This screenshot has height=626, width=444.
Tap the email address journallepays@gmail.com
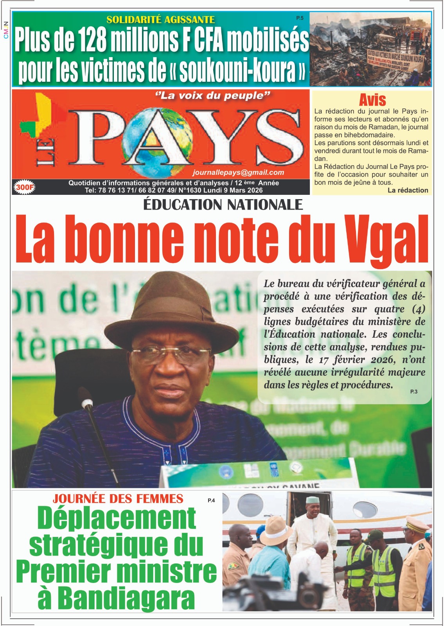point(238,173)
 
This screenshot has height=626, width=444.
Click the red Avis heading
point(372,100)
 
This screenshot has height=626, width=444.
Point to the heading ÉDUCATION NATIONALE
point(223,205)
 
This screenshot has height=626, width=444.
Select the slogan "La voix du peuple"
point(213,96)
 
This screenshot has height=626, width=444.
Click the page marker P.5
point(300,18)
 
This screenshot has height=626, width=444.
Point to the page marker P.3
point(414,391)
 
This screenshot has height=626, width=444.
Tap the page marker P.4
point(211,500)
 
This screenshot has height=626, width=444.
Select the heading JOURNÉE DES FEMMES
point(118,499)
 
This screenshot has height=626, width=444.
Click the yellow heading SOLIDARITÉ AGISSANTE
point(160,20)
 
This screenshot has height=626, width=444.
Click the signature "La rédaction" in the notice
point(408,190)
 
